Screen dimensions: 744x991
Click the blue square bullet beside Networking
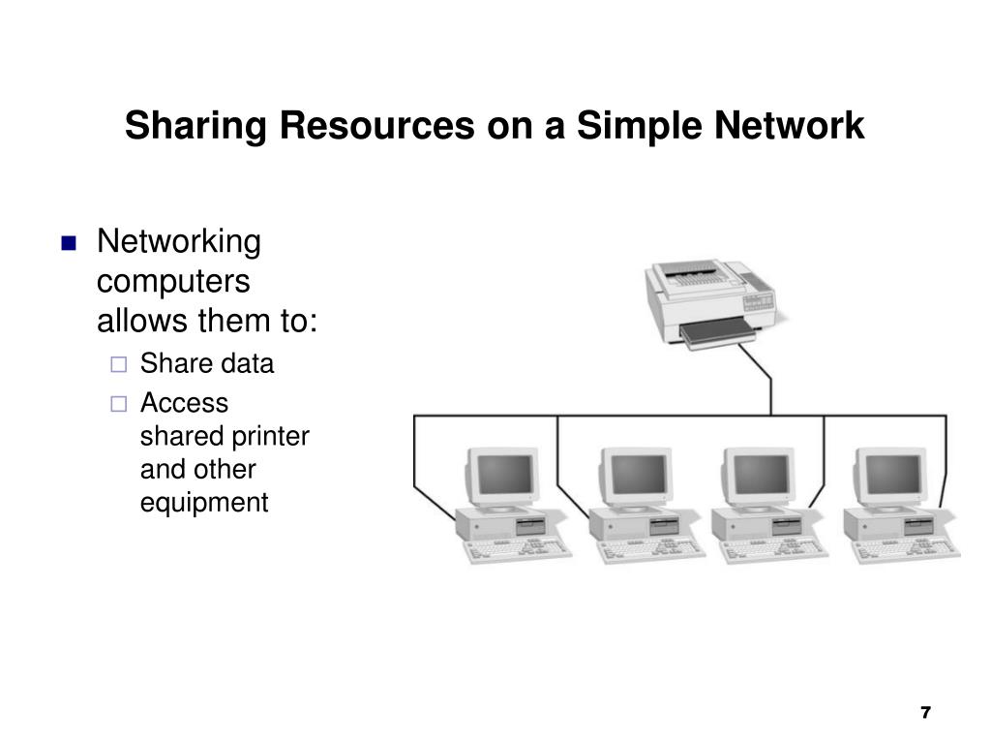click(x=68, y=244)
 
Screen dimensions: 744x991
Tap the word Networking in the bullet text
click(x=179, y=241)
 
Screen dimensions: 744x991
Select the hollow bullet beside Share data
click(x=118, y=365)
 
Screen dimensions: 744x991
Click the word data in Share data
click(x=247, y=364)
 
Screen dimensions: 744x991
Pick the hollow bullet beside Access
click(x=118, y=404)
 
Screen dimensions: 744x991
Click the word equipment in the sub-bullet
click(x=204, y=503)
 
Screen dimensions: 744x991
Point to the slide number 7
click(x=924, y=714)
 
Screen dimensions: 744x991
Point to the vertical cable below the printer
click(x=770, y=383)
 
